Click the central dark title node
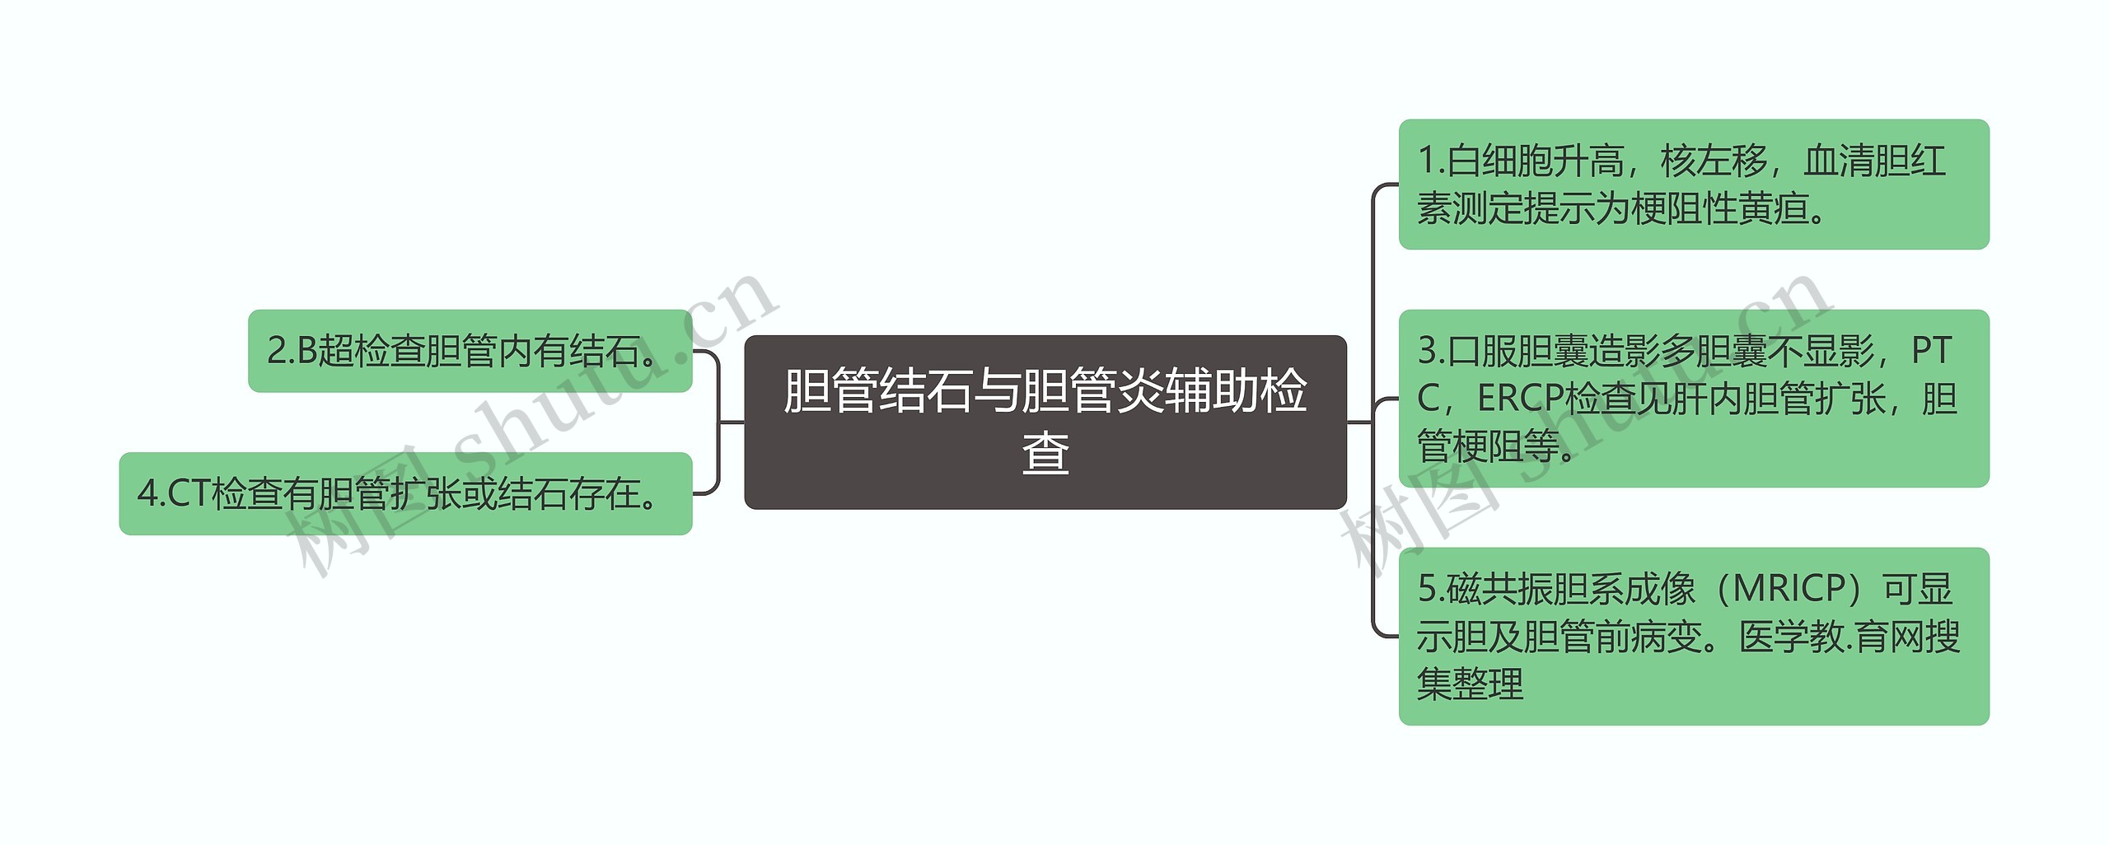pyautogui.click(x=1045, y=422)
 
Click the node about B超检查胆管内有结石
pyautogui.click(x=470, y=351)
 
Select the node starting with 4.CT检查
pyautogui.click(x=405, y=493)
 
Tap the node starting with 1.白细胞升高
pyautogui.click(x=1693, y=184)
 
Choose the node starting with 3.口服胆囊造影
pyautogui.click(x=1693, y=399)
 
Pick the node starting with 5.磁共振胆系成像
pyautogui.click(x=1693, y=636)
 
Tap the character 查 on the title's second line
pyautogui.click(x=1045, y=454)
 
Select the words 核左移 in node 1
pyautogui.click(x=1714, y=161)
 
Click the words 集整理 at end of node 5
pyautogui.click(x=1471, y=684)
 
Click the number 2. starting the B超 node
pyautogui.click(x=280, y=351)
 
